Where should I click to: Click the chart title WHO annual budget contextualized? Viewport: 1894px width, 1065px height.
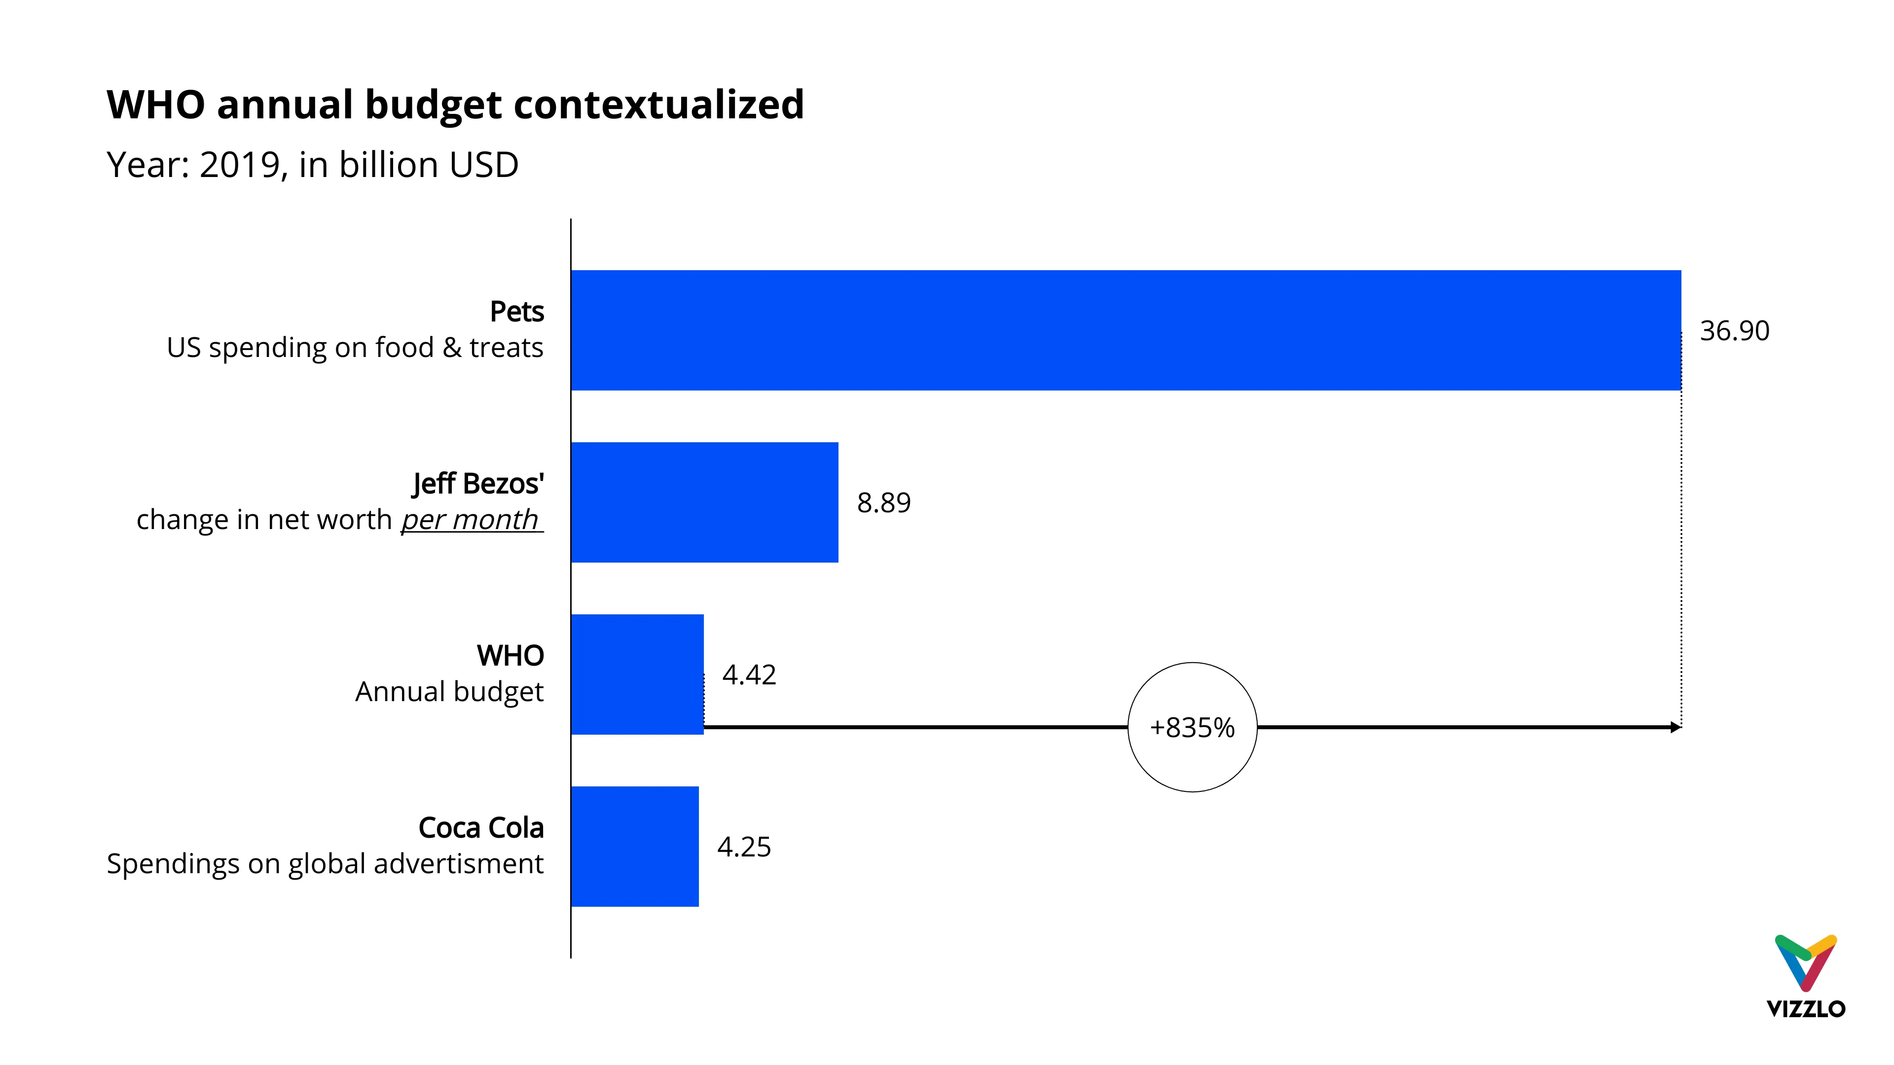tap(455, 105)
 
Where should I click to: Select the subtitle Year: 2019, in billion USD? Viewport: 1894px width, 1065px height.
tap(313, 165)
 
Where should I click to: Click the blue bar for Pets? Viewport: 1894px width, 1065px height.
tap(1125, 330)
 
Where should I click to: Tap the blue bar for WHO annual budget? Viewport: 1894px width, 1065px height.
tap(637, 674)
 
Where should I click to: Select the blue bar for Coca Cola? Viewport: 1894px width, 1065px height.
tap(634, 846)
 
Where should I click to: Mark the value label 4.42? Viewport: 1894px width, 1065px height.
tap(749, 674)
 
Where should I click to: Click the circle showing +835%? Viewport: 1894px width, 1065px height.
tap(1192, 727)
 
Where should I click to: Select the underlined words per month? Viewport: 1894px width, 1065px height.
tap(471, 520)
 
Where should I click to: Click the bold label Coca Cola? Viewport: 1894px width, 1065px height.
tap(481, 828)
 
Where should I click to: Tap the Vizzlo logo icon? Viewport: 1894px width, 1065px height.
tap(1805, 962)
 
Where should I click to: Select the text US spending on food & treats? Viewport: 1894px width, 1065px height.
tap(355, 348)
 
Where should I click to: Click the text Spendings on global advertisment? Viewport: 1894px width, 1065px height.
tap(325, 864)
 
